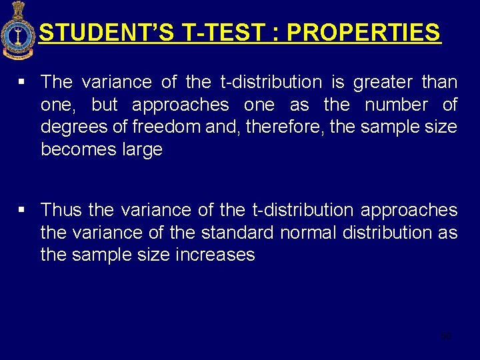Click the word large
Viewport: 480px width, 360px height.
click(x=142, y=149)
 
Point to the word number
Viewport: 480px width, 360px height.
click(x=396, y=105)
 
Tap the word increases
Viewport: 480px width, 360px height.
click(x=215, y=255)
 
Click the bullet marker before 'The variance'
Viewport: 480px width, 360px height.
click(x=22, y=82)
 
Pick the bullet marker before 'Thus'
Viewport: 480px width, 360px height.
click(x=22, y=210)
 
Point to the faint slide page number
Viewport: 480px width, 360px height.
click(x=446, y=335)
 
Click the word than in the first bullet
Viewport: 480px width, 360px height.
click(x=440, y=83)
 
